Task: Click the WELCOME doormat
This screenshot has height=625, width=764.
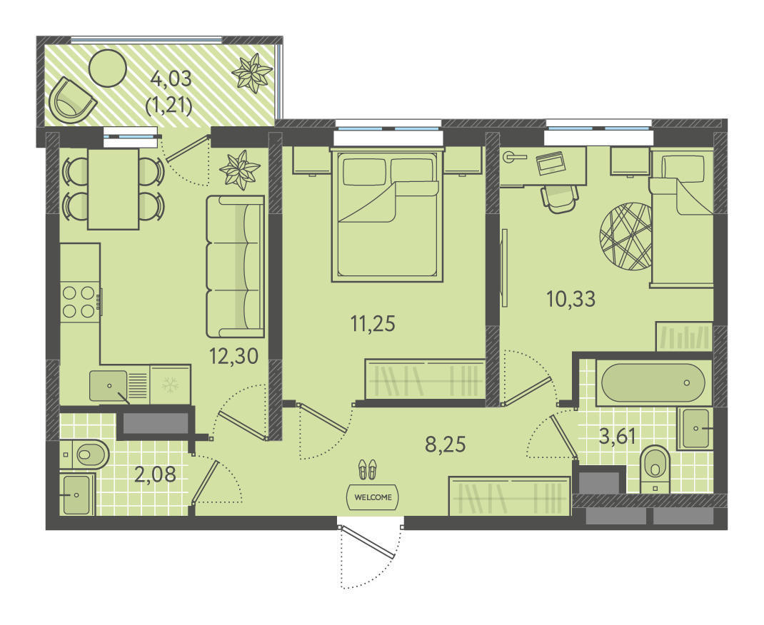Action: (373, 497)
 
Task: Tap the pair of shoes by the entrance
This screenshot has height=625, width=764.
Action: (368, 469)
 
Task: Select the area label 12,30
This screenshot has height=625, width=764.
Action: (233, 356)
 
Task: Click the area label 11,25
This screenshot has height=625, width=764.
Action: (373, 323)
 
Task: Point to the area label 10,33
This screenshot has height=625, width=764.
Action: (571, 299)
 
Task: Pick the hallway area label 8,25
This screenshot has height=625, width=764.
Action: (446, 444)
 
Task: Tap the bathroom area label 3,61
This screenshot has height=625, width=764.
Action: (618, 436)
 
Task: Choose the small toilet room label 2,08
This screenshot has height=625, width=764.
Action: (155, 474)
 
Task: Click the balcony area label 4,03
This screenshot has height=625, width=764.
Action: (171, 78)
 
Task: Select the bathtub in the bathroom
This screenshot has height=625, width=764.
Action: (653, 382)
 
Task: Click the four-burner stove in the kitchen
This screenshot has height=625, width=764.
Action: (79, 302)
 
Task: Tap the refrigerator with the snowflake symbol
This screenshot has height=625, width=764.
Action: (169, 385)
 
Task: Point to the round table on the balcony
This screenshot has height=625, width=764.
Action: (108, 68)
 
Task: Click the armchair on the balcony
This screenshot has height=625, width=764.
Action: (71, 101)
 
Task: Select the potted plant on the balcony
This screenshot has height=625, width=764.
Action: (252, 73)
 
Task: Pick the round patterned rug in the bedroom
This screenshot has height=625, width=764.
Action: (625, 236)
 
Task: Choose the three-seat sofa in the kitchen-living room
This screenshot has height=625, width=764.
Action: (235, 266)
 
